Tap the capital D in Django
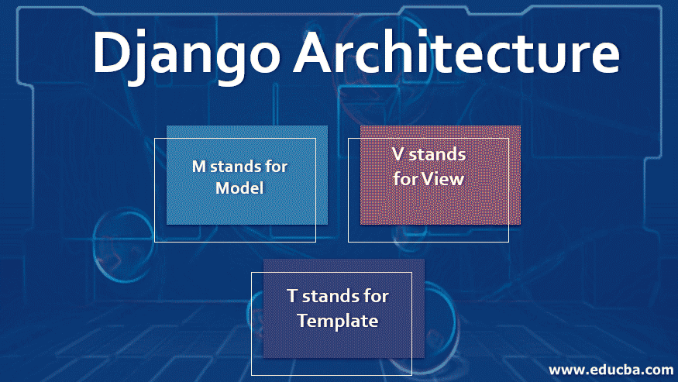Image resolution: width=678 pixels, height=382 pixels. [x=112, y=51]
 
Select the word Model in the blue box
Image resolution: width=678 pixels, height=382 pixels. [x=239, y=188]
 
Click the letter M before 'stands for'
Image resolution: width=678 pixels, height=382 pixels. [x=199, y=167]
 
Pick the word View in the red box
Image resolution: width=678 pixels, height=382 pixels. [x=442, y=179]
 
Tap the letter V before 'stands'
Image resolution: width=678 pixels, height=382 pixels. [x=398, y=154]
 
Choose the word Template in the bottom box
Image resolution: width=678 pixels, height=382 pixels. [x=338, y=321]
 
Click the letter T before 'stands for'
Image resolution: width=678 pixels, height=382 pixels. [x=292, y=296]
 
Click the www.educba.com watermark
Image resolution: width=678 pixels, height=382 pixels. [x=611, y=370]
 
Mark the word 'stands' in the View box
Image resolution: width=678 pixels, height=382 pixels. [x=437, y=154]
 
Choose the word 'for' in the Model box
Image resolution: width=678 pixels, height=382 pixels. [x=277, y=166]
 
